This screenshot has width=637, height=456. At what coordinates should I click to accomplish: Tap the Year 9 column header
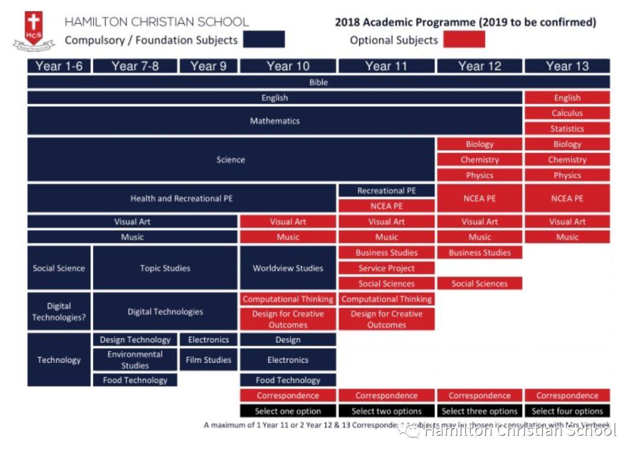(208, 66)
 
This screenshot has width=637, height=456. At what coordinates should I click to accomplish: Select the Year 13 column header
(567, 66)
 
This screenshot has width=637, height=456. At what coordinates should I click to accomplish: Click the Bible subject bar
(318, 82)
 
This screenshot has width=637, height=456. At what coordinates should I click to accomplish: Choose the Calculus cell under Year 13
(567, 113)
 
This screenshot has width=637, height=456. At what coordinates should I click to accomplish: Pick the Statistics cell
(567, 129)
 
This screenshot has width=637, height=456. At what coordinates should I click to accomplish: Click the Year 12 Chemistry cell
(480, 159)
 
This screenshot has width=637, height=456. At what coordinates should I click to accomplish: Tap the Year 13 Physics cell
(567, 175)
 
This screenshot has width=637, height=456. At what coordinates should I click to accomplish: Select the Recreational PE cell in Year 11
(386, 191)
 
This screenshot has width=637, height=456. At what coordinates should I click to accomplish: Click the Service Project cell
(386, 268)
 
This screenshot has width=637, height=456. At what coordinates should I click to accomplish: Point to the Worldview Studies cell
(288, 268)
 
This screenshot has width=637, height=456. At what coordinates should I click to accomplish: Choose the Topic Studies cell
(165, 268)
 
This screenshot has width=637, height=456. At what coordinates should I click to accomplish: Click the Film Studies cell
(208, 360)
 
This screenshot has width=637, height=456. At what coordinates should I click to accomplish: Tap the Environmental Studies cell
(135, 360)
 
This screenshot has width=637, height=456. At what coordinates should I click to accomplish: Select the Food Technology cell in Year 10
(288, 380)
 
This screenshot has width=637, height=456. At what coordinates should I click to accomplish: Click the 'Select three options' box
(480, 411)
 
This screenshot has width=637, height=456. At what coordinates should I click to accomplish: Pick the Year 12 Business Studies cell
(480, 253)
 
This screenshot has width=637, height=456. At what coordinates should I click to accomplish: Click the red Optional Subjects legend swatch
(464, 40)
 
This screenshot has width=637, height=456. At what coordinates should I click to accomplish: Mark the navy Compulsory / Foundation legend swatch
(264, 40)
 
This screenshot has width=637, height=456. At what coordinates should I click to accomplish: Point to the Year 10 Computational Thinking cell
(288, 299)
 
